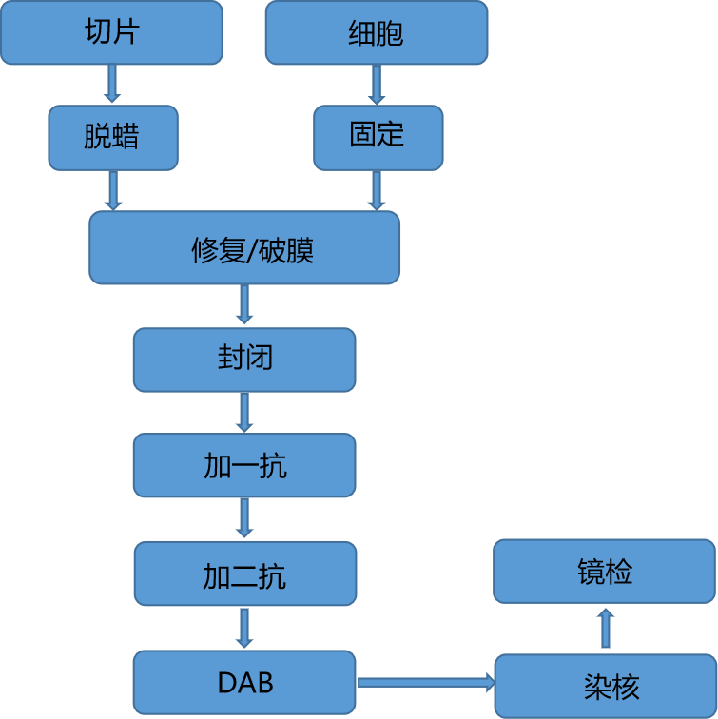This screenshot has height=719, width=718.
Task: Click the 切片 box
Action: tap(111, 32)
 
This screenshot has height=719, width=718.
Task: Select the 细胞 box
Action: tap(376, 32)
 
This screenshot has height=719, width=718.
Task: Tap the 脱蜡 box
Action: tap(113, 137)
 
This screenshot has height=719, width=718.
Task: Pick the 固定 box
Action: tap(378, 137)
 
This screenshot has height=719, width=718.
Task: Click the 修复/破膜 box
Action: tap(244, 247)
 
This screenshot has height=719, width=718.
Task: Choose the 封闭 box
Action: tap(244, 359)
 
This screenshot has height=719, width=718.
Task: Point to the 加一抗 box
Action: tap(244, 465)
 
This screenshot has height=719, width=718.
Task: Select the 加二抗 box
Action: tap(244, 573)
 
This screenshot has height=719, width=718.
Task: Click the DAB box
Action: tap(244, 683)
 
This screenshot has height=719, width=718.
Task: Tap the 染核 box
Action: tap(605, 686)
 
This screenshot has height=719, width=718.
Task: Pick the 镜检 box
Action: tap(605, 572)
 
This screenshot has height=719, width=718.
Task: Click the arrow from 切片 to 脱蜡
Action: tap(112, 84)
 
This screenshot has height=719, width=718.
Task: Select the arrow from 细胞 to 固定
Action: tap(377, 84)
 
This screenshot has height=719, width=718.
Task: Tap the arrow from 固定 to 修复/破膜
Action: tap(377, 190)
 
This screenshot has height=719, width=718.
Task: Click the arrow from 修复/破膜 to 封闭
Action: tap(244, 305)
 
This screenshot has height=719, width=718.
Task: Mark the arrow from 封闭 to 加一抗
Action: tap(244, 412)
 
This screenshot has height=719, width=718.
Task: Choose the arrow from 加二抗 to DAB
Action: tap(244, 628)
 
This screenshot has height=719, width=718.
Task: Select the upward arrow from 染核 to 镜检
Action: tap(606, 629)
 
